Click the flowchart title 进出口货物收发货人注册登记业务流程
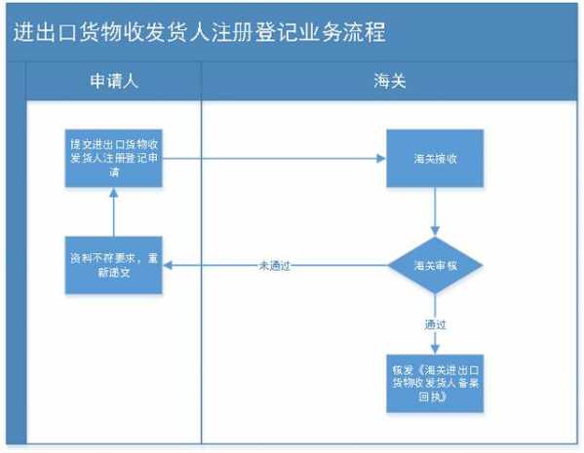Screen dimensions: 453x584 (x=200, y=32)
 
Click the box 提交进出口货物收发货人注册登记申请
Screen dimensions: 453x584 (x=113, y=155)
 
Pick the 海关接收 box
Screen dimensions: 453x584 (x=435, y=156)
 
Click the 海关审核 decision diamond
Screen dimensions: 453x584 (x=435, y=265)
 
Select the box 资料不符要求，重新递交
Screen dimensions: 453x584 (x=113, y=265)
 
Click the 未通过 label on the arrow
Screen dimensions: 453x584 (x=275, y=265)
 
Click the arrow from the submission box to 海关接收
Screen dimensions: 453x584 (x=273, y=156)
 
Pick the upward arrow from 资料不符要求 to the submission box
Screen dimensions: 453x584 (x=113, y=212)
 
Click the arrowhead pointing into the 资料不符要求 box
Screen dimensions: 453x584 (x=167, y=265)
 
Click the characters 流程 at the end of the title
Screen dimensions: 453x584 (x=367, y=32)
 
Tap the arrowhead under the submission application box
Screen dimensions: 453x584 (x=113, y=192)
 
